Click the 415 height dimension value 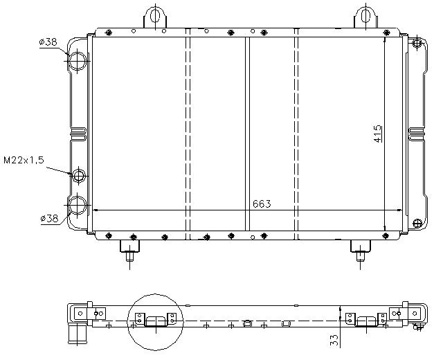tap(377, 133)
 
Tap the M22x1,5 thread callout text tap(24, 160)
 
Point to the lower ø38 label tap(49, 218)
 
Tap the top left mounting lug tap(155, 16)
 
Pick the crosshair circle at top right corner tap(417, 44)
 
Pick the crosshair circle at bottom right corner tap(417, 222)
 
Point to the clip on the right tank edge tap(419, 132)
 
